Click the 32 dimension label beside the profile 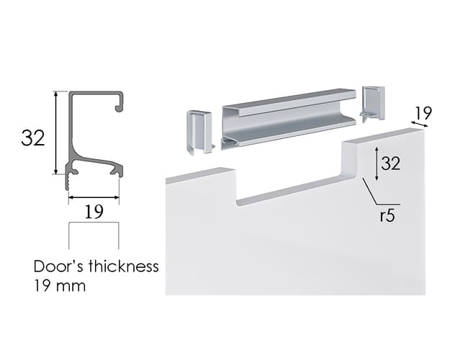click(x=33, y=138)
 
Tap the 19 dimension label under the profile click(x=94, y=212)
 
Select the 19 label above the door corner click(x=423, y=113)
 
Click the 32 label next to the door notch click(x=390, y=163)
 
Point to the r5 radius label click(x=387, y=215)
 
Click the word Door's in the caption click(x=59, y=266)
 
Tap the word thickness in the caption click(x=123, y=266)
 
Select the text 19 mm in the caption click(x=60, y=286)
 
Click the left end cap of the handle click(x=199, y=132)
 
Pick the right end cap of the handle click(x=373, y=104)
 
